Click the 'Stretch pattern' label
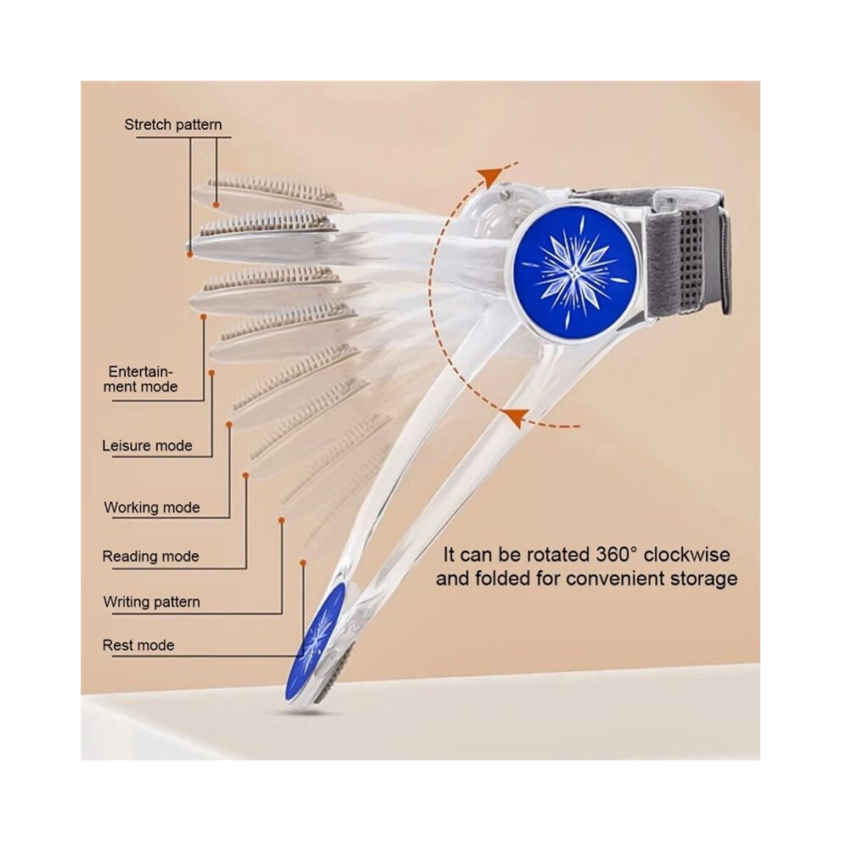(173, 125)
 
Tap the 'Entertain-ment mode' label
(140, 379)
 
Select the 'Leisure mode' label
(147, 446)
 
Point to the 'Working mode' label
(152, 507)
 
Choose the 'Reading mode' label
(150, 556)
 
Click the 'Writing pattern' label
(152, 601)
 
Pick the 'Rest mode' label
(138, 645)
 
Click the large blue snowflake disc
(575, 272)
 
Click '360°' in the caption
(617, 555)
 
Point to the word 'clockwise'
(686, 555)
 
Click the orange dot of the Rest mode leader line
(303, 562)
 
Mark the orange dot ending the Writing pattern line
(281, 520)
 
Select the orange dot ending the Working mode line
(229, 424)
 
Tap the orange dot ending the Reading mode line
(246, 475)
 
